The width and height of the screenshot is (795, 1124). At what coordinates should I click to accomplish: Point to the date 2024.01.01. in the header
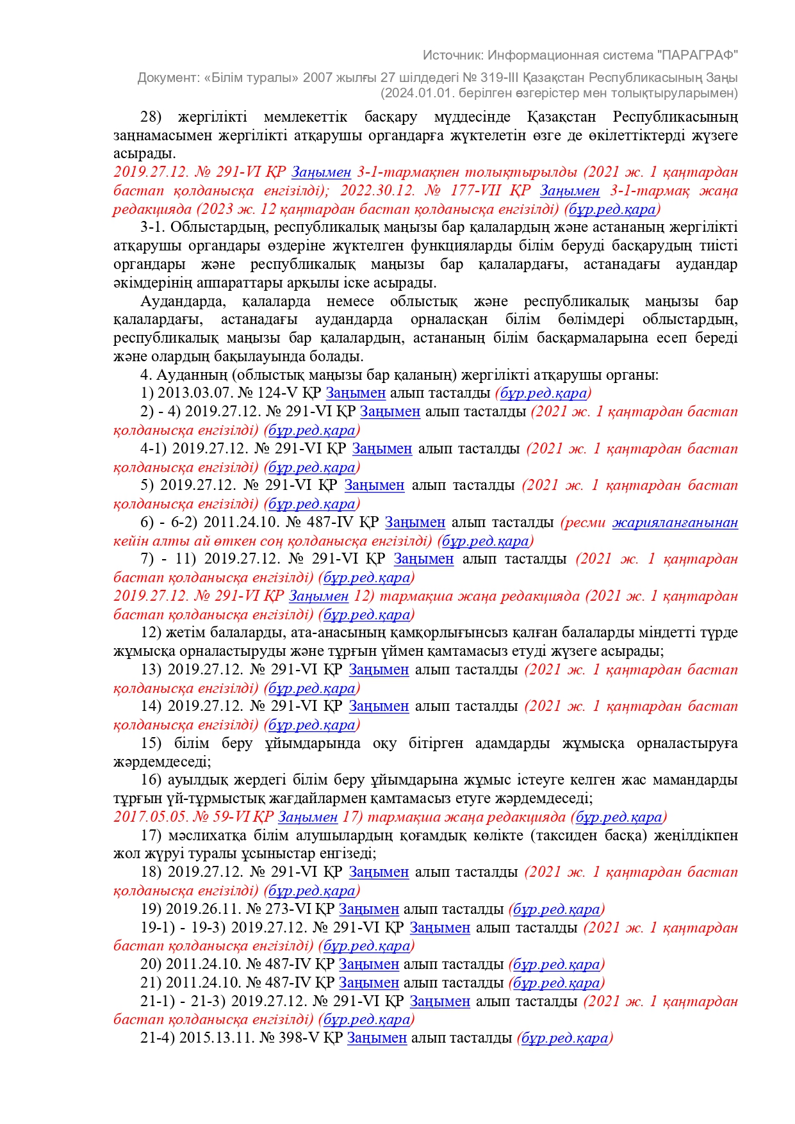click(410, 94)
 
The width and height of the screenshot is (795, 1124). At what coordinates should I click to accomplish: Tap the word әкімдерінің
click(147, 283)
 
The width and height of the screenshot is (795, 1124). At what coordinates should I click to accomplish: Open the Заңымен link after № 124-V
click(356, 393)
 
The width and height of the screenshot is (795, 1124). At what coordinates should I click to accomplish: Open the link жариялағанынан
click(675, 523)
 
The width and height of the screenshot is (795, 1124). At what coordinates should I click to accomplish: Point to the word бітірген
click(436, 744)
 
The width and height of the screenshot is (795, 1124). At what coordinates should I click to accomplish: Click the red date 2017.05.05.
click(151, 817)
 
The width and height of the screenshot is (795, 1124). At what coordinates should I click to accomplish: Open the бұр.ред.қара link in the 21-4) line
click(564, 1038)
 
